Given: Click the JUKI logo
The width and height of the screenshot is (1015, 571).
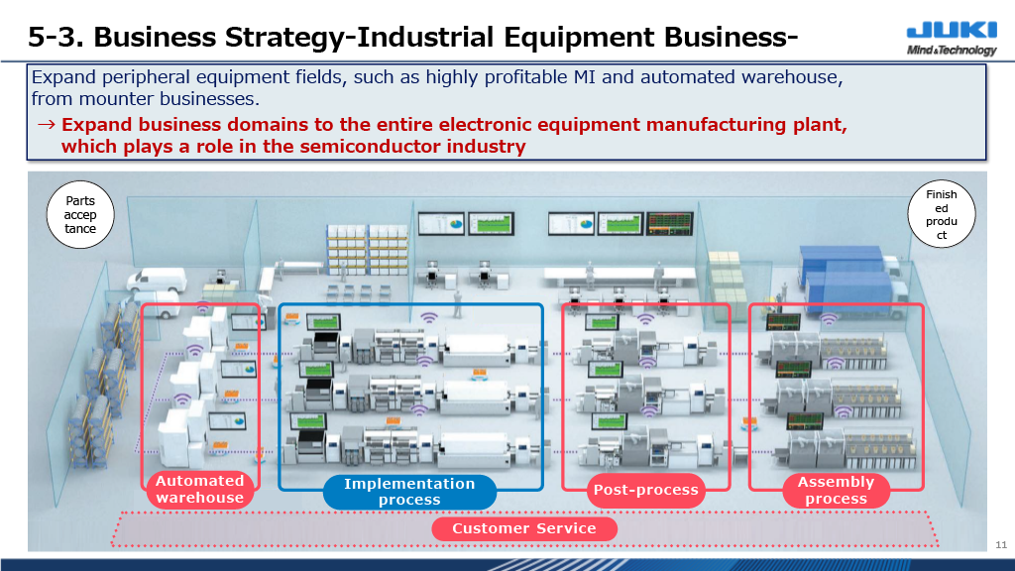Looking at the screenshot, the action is click(952, 31).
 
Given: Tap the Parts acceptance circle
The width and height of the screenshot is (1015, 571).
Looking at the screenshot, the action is click(80, 215).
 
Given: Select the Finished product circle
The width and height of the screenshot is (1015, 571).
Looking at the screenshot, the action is click(942, 214).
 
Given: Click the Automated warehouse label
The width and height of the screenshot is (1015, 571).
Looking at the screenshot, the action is click(199, 490).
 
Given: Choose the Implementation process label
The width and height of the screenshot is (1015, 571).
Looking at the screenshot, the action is click(409, 492).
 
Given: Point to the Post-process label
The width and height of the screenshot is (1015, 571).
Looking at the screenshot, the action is click(646, 490).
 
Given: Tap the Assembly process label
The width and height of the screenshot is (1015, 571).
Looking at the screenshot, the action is click(836, 491).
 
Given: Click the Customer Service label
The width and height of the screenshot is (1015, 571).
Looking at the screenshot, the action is click(524, 528).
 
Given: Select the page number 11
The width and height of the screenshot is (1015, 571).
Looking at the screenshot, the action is click(1001, 544).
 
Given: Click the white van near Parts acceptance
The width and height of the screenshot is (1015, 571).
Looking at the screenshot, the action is click(157, 281).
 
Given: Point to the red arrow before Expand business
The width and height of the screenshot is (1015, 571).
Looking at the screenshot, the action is click(46, 124).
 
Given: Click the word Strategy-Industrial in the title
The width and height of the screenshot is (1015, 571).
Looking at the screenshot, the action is click(359, 37).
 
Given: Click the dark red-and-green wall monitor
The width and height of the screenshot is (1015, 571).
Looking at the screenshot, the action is click(670, 223).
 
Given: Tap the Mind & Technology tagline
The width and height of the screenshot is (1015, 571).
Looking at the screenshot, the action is click(952, 50).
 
